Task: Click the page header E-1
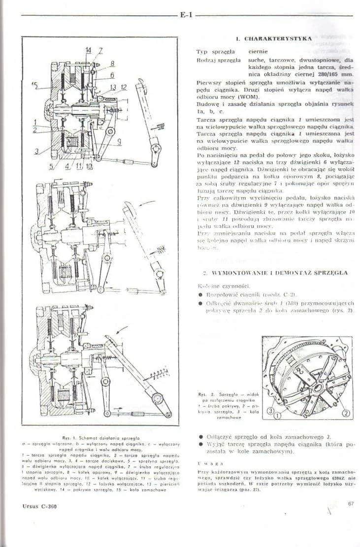pos(186,15)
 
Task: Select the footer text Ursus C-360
pos(39,506)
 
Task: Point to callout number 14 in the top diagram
pos(88,50)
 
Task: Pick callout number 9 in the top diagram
pos(119,142)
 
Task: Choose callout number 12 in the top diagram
pos(124,87)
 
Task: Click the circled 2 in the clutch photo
pos(345,413)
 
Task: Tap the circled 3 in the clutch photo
pos(271,411)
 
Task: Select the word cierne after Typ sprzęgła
pos(258,51)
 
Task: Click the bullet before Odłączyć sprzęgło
pos(201,436)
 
